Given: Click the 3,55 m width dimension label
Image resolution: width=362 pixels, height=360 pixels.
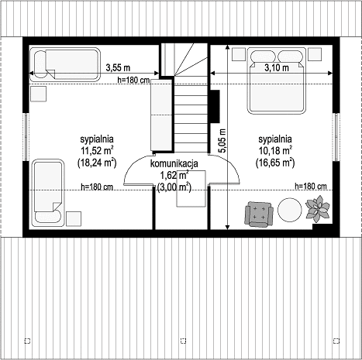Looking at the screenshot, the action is pyautogui.click(x=118, y=67).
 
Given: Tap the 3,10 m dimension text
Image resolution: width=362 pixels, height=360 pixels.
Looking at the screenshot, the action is pyautogui.click(x=277, y=68).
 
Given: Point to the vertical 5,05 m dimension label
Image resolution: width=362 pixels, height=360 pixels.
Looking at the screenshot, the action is pyautogui.click(x=222, y=141).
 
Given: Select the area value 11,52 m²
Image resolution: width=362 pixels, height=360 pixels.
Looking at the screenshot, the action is pyautogui.click(x=98, y=151).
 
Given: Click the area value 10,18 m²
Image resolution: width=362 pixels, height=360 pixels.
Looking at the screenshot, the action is pyautogui.click(x=275, y=151).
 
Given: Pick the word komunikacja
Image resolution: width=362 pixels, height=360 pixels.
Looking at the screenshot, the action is pyautogui.click(x=174, y=163).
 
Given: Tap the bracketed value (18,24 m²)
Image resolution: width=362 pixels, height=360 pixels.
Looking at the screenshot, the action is pyautogui.click(x=97, y=163).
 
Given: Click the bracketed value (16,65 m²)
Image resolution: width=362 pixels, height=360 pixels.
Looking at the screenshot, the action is pyautogui.click(x=275, y=163).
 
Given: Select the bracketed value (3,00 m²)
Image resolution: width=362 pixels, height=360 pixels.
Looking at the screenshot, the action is pyautogui.click(x=174, y=187).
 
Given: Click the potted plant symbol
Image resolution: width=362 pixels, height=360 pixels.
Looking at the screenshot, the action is pyautogui.click(x=318, y=208).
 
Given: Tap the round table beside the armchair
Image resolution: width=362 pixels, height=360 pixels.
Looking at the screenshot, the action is pyautogui.click(x=290, y=210).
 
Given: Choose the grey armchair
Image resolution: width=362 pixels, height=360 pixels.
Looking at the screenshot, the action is pyautogui.click(x=259, y=214).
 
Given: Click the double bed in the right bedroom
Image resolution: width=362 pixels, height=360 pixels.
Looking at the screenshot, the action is pyautogui.click(x=277, y=81).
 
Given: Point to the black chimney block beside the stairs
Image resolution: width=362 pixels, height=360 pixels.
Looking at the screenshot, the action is pyautogui.click(x=215, y=106).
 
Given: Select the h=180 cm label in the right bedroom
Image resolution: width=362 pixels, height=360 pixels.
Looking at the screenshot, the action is pyautogui.click(x=311, y=186).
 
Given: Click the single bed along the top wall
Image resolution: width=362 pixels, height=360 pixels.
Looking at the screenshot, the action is pyautogui.click(x=65, y=64).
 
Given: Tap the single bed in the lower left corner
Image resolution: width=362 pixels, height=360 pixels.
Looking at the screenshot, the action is pyautogui.click(x=48, y=193).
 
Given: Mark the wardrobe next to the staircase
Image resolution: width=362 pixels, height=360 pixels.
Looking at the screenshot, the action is pyautogui.click(x=161, y=115).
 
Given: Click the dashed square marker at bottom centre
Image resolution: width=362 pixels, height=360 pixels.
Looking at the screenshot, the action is pyautogui.click(x=183, y=341).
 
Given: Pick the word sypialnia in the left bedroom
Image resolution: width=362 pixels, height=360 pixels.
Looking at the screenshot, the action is pyautogui.click(x=97, y=139).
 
